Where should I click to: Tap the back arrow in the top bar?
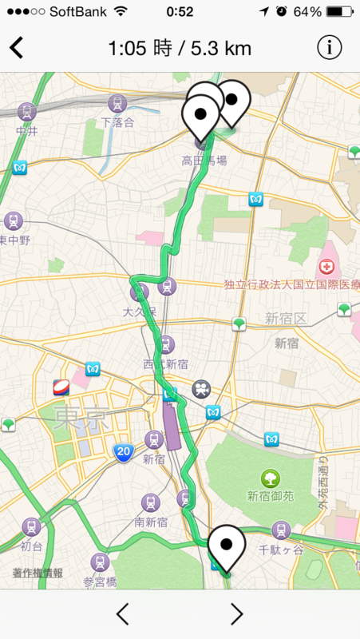pos(17,48)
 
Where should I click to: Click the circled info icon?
pos(329,47)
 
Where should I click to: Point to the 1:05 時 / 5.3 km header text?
pos(180,48)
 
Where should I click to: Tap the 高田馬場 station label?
pos(204,161)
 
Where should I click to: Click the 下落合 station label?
pos(117,122)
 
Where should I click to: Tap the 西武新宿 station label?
pos(166,363)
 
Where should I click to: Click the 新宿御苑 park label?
pos(271,496)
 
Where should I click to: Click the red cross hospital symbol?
pos(327,267)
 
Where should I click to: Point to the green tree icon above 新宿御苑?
pos(271,478)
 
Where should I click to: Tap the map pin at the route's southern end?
pos(226,547)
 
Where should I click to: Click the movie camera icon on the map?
pos(200,390)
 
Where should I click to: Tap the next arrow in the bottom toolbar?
pos(236,613)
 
